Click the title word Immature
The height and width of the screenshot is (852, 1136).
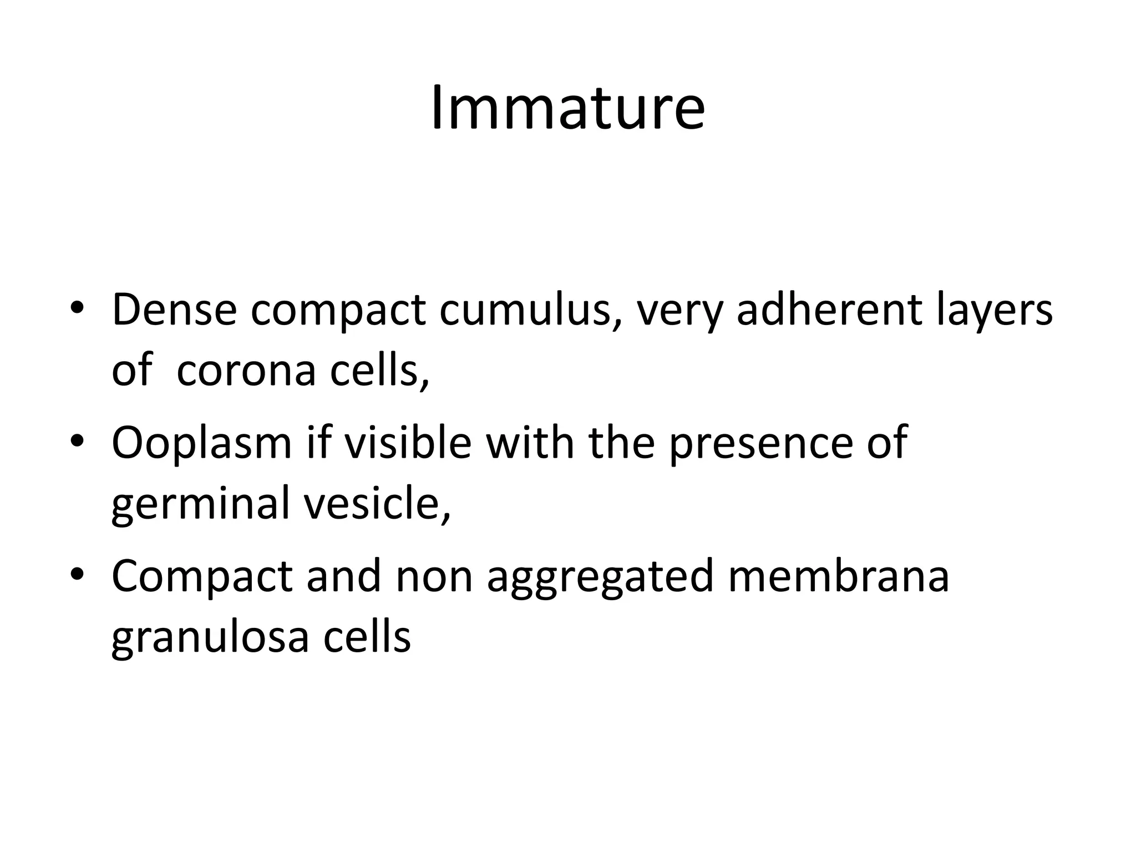click(x=567, y=108)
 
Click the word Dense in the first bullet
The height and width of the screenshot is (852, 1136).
click(x=174, y=310)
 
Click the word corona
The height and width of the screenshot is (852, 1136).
click(x=246, y=371)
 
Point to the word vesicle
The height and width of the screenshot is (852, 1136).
click(x=377, y=503)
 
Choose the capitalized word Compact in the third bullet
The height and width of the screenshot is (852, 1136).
click(x=202, y=577)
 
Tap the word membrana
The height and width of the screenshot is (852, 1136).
click(x=838, y=576)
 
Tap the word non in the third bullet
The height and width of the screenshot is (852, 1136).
click(x=434, y=577)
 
